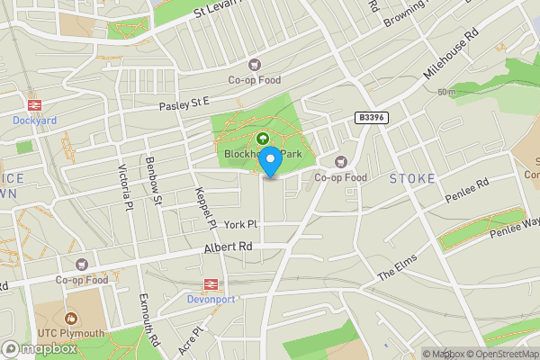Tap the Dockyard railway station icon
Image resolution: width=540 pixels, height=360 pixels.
35,103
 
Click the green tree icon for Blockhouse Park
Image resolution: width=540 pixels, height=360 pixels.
263,139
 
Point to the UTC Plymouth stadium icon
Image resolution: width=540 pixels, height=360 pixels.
70,318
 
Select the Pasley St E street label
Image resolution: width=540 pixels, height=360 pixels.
184,105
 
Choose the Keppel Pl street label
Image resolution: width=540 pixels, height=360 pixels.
205,206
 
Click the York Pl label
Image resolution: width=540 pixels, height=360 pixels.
241,224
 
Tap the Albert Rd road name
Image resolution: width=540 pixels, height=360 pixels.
227,247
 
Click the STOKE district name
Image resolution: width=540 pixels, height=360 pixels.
412,179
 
